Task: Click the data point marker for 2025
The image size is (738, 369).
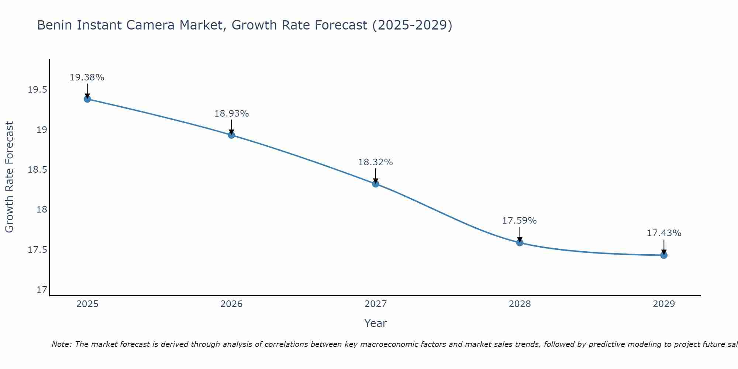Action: click(x=87, y=99)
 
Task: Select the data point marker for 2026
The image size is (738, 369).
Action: click(x=231, y=135)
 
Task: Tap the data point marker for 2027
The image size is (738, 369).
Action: click(x=376, y=184)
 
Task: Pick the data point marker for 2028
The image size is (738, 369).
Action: click(x=520, y=242)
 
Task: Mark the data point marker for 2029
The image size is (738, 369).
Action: click(x=664, y=255)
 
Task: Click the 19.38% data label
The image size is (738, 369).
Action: click(x=87, y=77)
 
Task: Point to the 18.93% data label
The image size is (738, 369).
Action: click(x=231, y=114)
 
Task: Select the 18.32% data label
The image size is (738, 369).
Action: click(x=376, y=162)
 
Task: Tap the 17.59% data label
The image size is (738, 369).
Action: click(x=520, y=221)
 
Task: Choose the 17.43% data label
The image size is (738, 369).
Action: click(x=664, y=233)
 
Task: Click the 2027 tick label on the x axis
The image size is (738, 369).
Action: click(x=376, y=304)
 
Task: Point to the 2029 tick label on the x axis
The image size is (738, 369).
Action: click(x=664, y=304)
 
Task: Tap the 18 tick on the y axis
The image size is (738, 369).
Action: click(x=42, y=210)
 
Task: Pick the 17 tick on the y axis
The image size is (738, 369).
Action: click(x=42, y=290)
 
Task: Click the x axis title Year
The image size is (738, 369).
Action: click(x=376, y=323)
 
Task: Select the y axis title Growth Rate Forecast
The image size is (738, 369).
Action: click(x=9, y=177)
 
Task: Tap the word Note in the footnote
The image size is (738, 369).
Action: click(x=62, y=344)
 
